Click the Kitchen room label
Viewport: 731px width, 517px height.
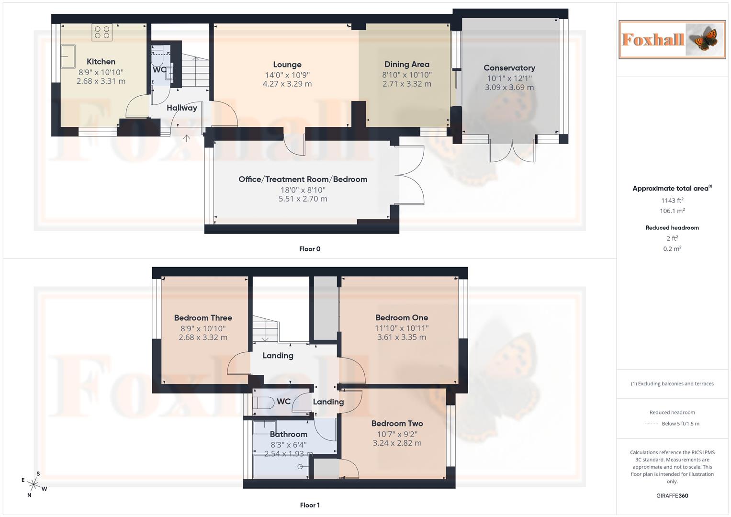[101, 61]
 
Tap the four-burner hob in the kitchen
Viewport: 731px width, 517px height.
[102, 32]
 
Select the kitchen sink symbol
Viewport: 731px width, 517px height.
[67, 56]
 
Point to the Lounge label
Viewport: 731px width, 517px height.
[287, 65]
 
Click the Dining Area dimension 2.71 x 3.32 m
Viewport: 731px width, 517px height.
[407, 84]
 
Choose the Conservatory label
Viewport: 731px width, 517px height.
[509, 68]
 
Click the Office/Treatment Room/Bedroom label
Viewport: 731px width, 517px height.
[303, 179]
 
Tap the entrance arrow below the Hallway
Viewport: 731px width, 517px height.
[187, 138]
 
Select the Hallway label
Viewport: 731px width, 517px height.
[182, 108]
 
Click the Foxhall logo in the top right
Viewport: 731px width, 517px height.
[672, 39]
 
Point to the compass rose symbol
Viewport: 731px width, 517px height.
[34, 484]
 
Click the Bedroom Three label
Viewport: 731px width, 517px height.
[203, 318]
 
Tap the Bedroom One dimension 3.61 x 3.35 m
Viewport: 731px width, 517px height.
[402, 337]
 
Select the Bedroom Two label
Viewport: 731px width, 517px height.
[397, 423]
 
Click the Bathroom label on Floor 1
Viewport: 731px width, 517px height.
[289, 434]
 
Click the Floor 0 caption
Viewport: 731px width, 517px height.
[310, 249]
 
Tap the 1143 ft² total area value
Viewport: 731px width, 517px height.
[672, 201]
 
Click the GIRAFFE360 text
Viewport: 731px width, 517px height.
[672, 495]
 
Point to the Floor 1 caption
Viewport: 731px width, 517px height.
[310, 505]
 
